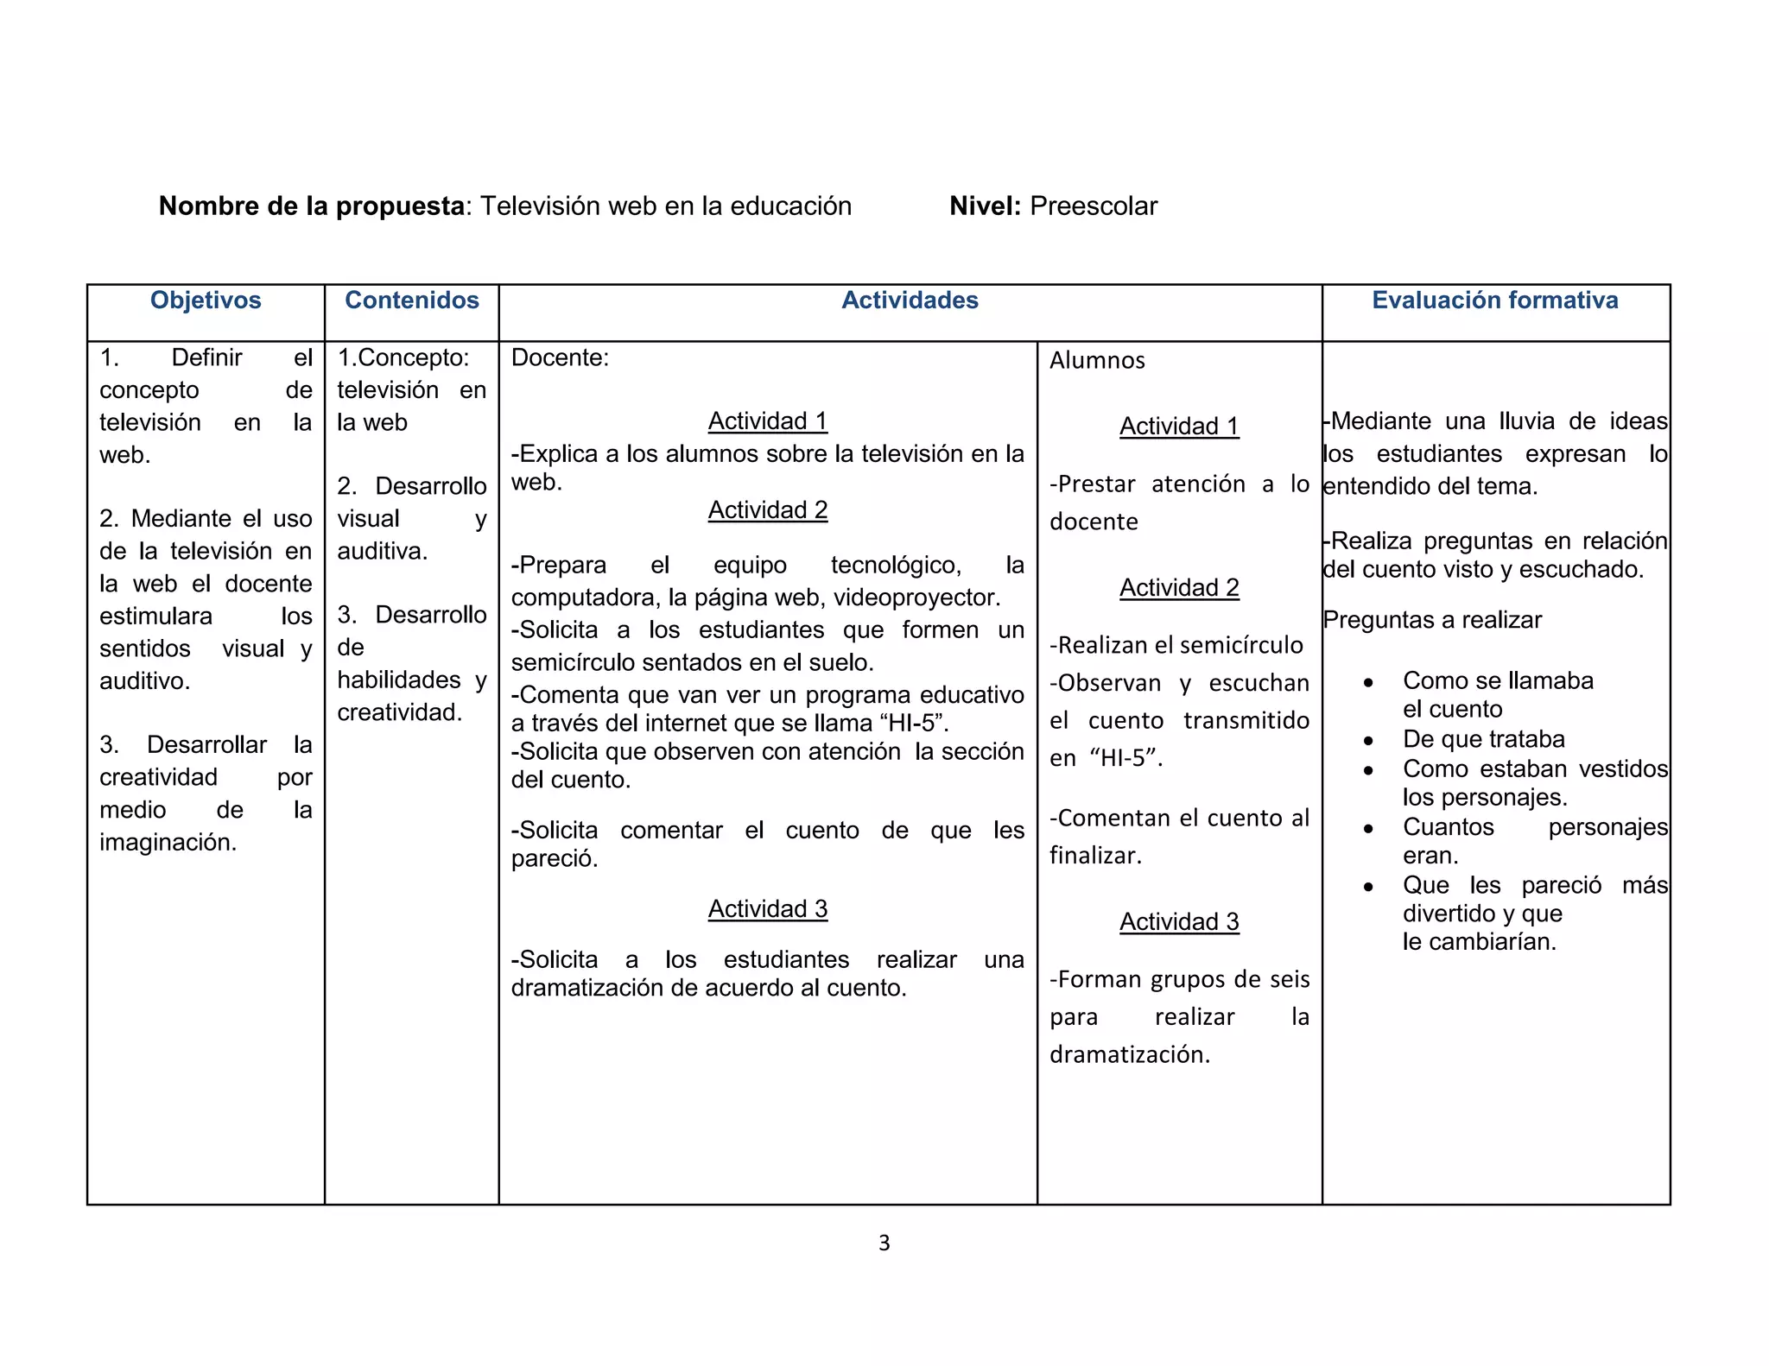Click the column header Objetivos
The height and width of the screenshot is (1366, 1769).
pos(206,300)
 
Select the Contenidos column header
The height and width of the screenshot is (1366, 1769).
pos(412,300)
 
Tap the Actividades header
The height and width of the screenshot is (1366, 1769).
pos(910,300)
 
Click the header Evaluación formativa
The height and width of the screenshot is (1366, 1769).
pos(1495,300)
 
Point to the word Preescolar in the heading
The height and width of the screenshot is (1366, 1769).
pos(1094,206)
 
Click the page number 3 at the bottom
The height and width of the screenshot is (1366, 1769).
pos(884,1243)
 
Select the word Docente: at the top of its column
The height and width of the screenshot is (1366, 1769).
pos(560,358)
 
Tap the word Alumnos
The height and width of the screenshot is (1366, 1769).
pos(1097,361)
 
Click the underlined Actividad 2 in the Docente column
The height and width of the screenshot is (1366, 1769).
pos(768,510)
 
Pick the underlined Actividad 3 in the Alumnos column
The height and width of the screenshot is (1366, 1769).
pos(1179,922)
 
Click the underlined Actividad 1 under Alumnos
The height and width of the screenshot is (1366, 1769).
pos(1179,427)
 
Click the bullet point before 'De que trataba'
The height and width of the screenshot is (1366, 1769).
pos(1368,741)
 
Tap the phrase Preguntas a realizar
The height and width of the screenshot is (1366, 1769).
pos(1432,621)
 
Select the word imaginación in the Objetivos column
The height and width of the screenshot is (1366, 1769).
pos(168,843)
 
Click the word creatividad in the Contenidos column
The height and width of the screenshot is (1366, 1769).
pos(399,713)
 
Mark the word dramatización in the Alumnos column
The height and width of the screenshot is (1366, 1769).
pos(1129,1055)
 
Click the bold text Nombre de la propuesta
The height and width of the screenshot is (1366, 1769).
pos(312,206)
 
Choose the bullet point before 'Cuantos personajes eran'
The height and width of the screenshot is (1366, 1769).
pos(1368,829)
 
